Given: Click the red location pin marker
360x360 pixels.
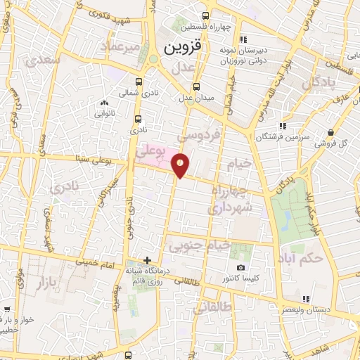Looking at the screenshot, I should (181, 165).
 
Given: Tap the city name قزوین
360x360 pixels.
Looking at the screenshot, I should (183, 48).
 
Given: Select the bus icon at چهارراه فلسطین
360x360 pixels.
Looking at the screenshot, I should (205, 16).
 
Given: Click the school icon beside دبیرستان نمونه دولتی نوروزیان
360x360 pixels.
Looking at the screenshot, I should (244, 39).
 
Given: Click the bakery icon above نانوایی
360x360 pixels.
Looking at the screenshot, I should (104, 102).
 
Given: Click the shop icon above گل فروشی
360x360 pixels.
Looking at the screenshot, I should (331, 131).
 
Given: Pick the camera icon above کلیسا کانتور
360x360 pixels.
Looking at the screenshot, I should (240, 267).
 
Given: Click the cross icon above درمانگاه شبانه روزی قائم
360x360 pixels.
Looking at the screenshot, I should (147, 260).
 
